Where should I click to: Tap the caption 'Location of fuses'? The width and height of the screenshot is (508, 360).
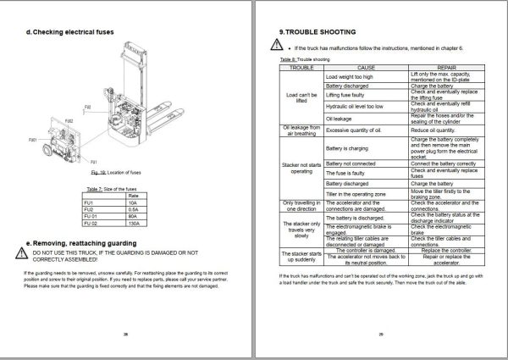point(103,172)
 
